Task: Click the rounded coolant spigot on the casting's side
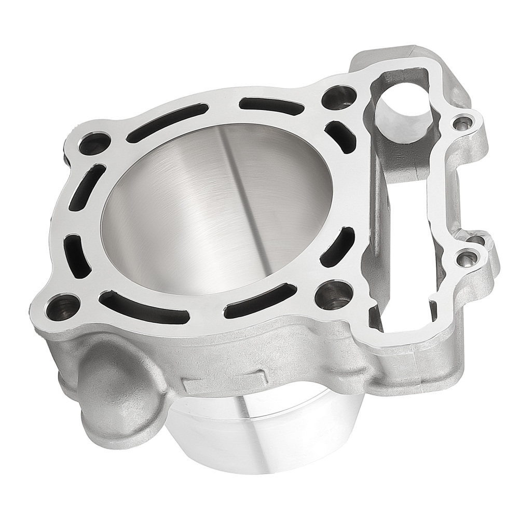(x=114, y=384)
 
